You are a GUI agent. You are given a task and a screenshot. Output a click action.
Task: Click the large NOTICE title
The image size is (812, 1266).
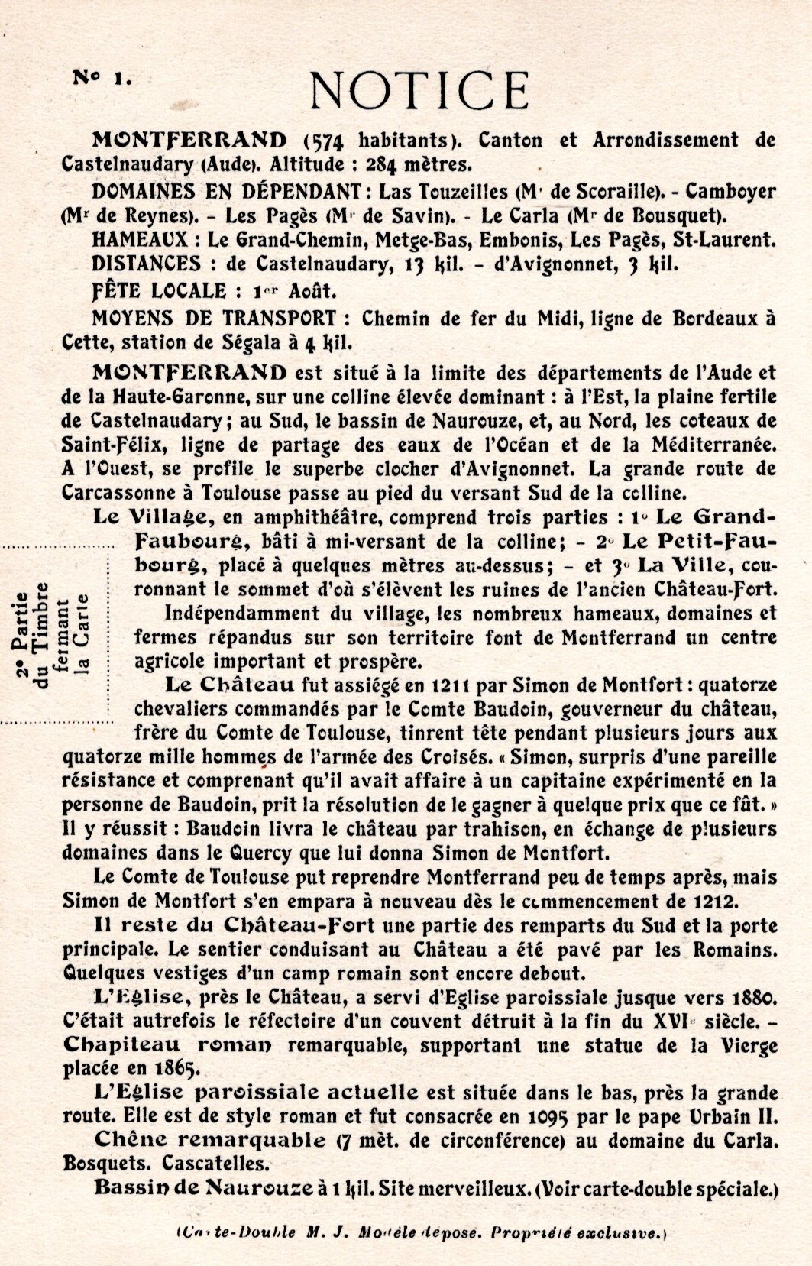(x=419, y=91)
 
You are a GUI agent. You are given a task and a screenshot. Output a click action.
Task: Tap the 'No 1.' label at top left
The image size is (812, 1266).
(x=102, y=76)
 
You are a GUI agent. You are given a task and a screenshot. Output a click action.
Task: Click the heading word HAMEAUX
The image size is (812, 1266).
(x=137, y=240)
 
